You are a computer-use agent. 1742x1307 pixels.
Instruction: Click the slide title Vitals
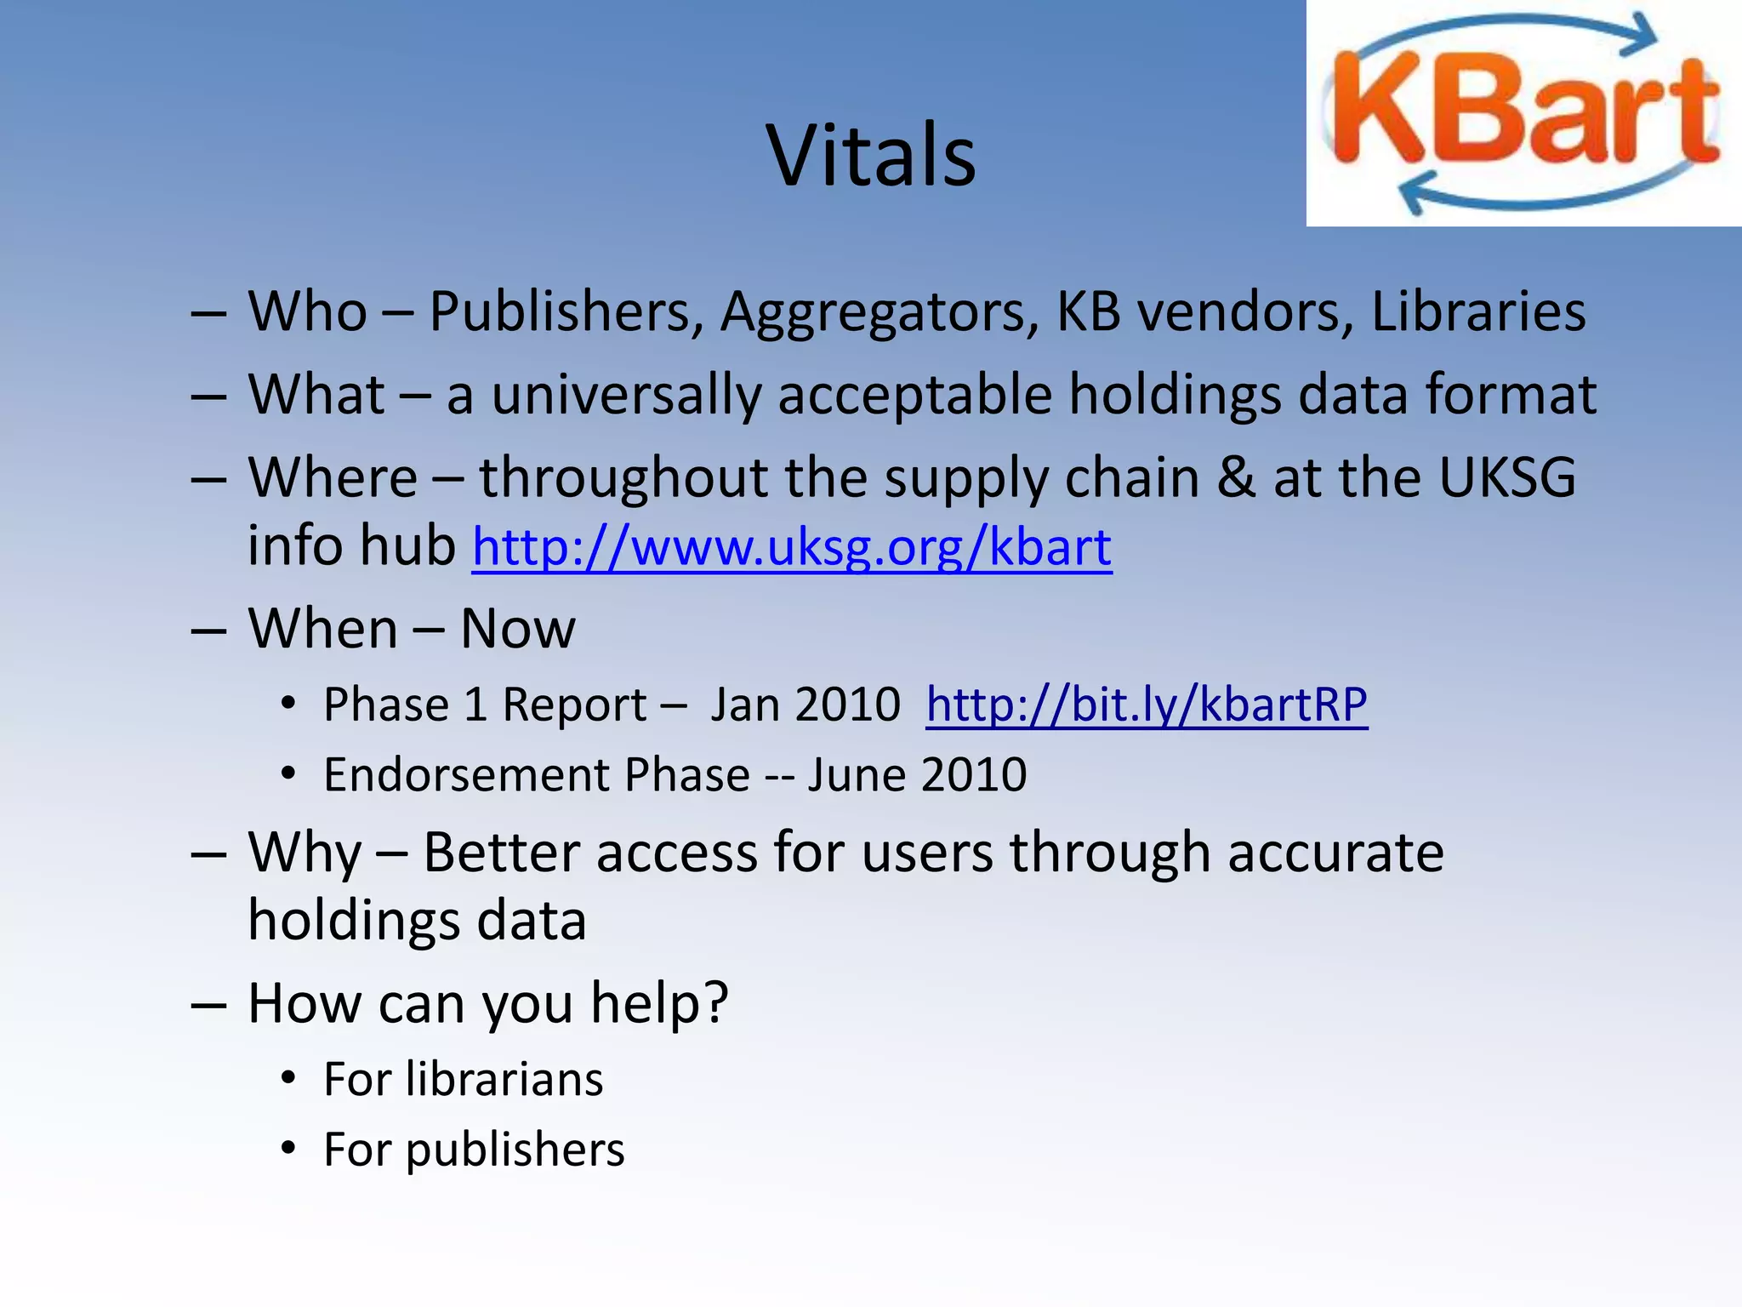[871, 156]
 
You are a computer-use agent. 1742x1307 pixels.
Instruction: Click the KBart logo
[1523, 113]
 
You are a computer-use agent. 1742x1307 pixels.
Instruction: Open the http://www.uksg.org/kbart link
[791, 547]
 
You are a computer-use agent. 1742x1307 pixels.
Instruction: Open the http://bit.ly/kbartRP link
[1147, 705]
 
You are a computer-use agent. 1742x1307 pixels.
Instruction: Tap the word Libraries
[1478, 311]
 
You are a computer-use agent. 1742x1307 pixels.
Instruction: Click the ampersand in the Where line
[1235, 478]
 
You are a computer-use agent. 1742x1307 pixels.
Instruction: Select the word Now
[517, 630]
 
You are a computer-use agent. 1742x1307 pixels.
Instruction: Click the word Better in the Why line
[501, 853]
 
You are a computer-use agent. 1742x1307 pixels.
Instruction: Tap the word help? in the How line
[659, 1004]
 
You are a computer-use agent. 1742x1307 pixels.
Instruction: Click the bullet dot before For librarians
[289, 1079]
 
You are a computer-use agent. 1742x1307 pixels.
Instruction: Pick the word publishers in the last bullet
[515, 1150]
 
